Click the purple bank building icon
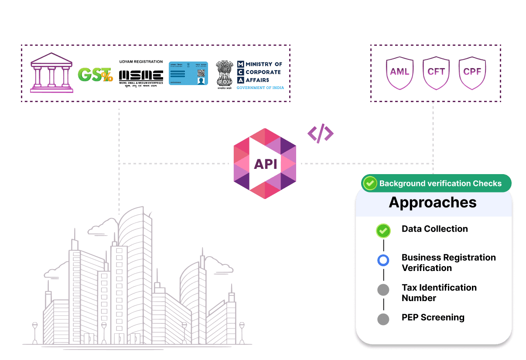[x=51, y=73]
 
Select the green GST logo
[x=95, y=75]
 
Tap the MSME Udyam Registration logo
[x=141, y=73]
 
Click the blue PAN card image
[x=188, y=73]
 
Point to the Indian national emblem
[x=225, y=75]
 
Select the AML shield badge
[x=400, y=72]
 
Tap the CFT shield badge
[x=436, y=72]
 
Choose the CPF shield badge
[x=472, y=72]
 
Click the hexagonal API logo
[x=265, y=164]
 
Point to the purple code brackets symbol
[x=321, y=134]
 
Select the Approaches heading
[x=433, y=202]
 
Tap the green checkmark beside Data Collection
[x=383, y=230]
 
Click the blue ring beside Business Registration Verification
[x=383, y=261]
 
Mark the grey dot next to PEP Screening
[x=383, y=319]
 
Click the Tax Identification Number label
[x=439, y=293]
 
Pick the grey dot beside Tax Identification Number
[x=383, y=290]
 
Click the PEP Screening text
[x=433, y=318]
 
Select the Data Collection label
[x=434, y=229]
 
